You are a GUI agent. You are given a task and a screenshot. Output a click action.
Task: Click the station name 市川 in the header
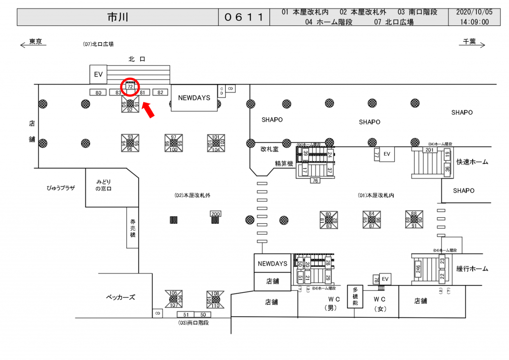pyautogui.click(x=117, y=17)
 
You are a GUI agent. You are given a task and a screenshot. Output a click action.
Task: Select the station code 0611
pyautogui.click(x=243, y=17)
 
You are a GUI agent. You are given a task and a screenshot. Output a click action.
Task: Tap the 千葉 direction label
pyautogui.click(x=469, y=42)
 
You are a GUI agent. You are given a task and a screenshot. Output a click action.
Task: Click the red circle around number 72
pyautogui.click(x=130, y=86)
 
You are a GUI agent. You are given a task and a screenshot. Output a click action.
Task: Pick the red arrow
pyautogui.click(x=149, y=109)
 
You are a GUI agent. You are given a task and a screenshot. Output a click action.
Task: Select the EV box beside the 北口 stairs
pyautogui.click(x=98, y=75)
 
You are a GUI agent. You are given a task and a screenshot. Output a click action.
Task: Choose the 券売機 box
pyautogui.click(x=133, y=227)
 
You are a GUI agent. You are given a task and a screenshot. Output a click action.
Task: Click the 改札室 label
pyautogui.click(x=269, y=149)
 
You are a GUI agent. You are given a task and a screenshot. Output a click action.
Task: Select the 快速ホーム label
pyautogui.click(x=472, y=162)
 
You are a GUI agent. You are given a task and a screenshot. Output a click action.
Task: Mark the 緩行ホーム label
pyautogui.click(x=472, y=269)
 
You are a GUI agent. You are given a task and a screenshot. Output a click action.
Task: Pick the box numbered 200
pyautogui.click(x=215, y=214)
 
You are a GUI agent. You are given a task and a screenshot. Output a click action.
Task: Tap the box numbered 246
pyautogui.click(x=418, y=270)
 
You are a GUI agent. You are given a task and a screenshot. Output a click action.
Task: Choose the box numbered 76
pyautogui.click(x=315, y=180)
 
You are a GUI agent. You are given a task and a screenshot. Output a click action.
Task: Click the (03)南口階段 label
pyautogui.click(x=193, y=323)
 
